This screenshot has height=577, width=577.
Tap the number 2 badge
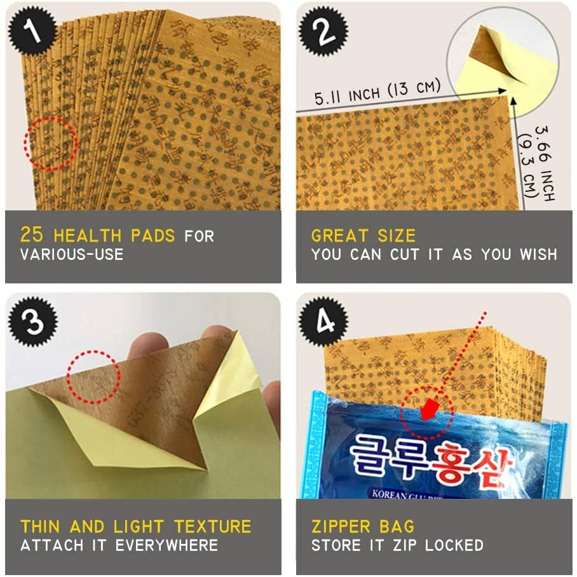[323, 32]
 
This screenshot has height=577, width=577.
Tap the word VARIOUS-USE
[72, 255]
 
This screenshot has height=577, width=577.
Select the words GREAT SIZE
[363, 236]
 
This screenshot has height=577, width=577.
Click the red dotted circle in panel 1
[50, 144]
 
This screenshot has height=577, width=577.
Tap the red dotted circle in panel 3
[93, 376]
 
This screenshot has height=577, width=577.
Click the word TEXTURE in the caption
[213, 526]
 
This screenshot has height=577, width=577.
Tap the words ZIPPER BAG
[362, 526]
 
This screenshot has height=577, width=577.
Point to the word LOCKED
[454, 545]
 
